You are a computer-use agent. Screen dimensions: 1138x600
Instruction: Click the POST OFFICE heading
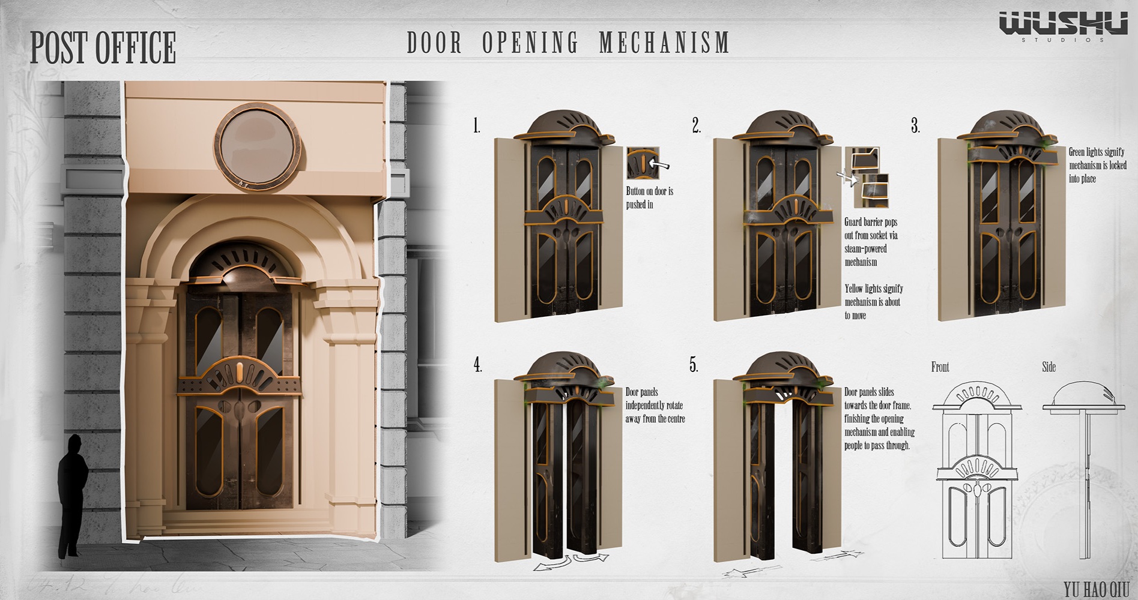pyautogui.click(x=103, y=47)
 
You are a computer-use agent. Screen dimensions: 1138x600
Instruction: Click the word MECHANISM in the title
pyautogui.click(x=665, y=43)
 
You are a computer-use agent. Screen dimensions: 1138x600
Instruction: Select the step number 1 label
pyautogui.click(x=477, y=126)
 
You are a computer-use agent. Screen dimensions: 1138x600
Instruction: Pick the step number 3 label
pyautogui.click(x=915, y=126)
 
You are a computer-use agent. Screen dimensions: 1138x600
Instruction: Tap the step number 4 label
pyautogui.click(x=478, y=365)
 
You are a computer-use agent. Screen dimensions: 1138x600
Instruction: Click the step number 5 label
pyautogui.click(x=694, y=365)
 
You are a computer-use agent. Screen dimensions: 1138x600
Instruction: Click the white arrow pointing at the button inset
pyautogui.click(x=660, y=165)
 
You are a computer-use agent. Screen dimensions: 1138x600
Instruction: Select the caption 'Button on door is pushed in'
pyautogui.click(x=650, y=198)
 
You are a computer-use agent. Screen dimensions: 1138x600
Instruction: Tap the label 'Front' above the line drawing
pyautogui.click(x=940, y=367)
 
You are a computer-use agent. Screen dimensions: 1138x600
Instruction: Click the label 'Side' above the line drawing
pyautogui.click(x=1049, y=367)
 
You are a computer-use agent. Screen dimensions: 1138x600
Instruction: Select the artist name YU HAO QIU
pyautogui.click(x=1095, y=590)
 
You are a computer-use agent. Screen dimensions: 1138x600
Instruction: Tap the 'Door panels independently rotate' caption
pyautogui.click(x=655, y=406)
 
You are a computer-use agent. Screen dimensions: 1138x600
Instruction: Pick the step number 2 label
pyautogui.click(x=696, y=126)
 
